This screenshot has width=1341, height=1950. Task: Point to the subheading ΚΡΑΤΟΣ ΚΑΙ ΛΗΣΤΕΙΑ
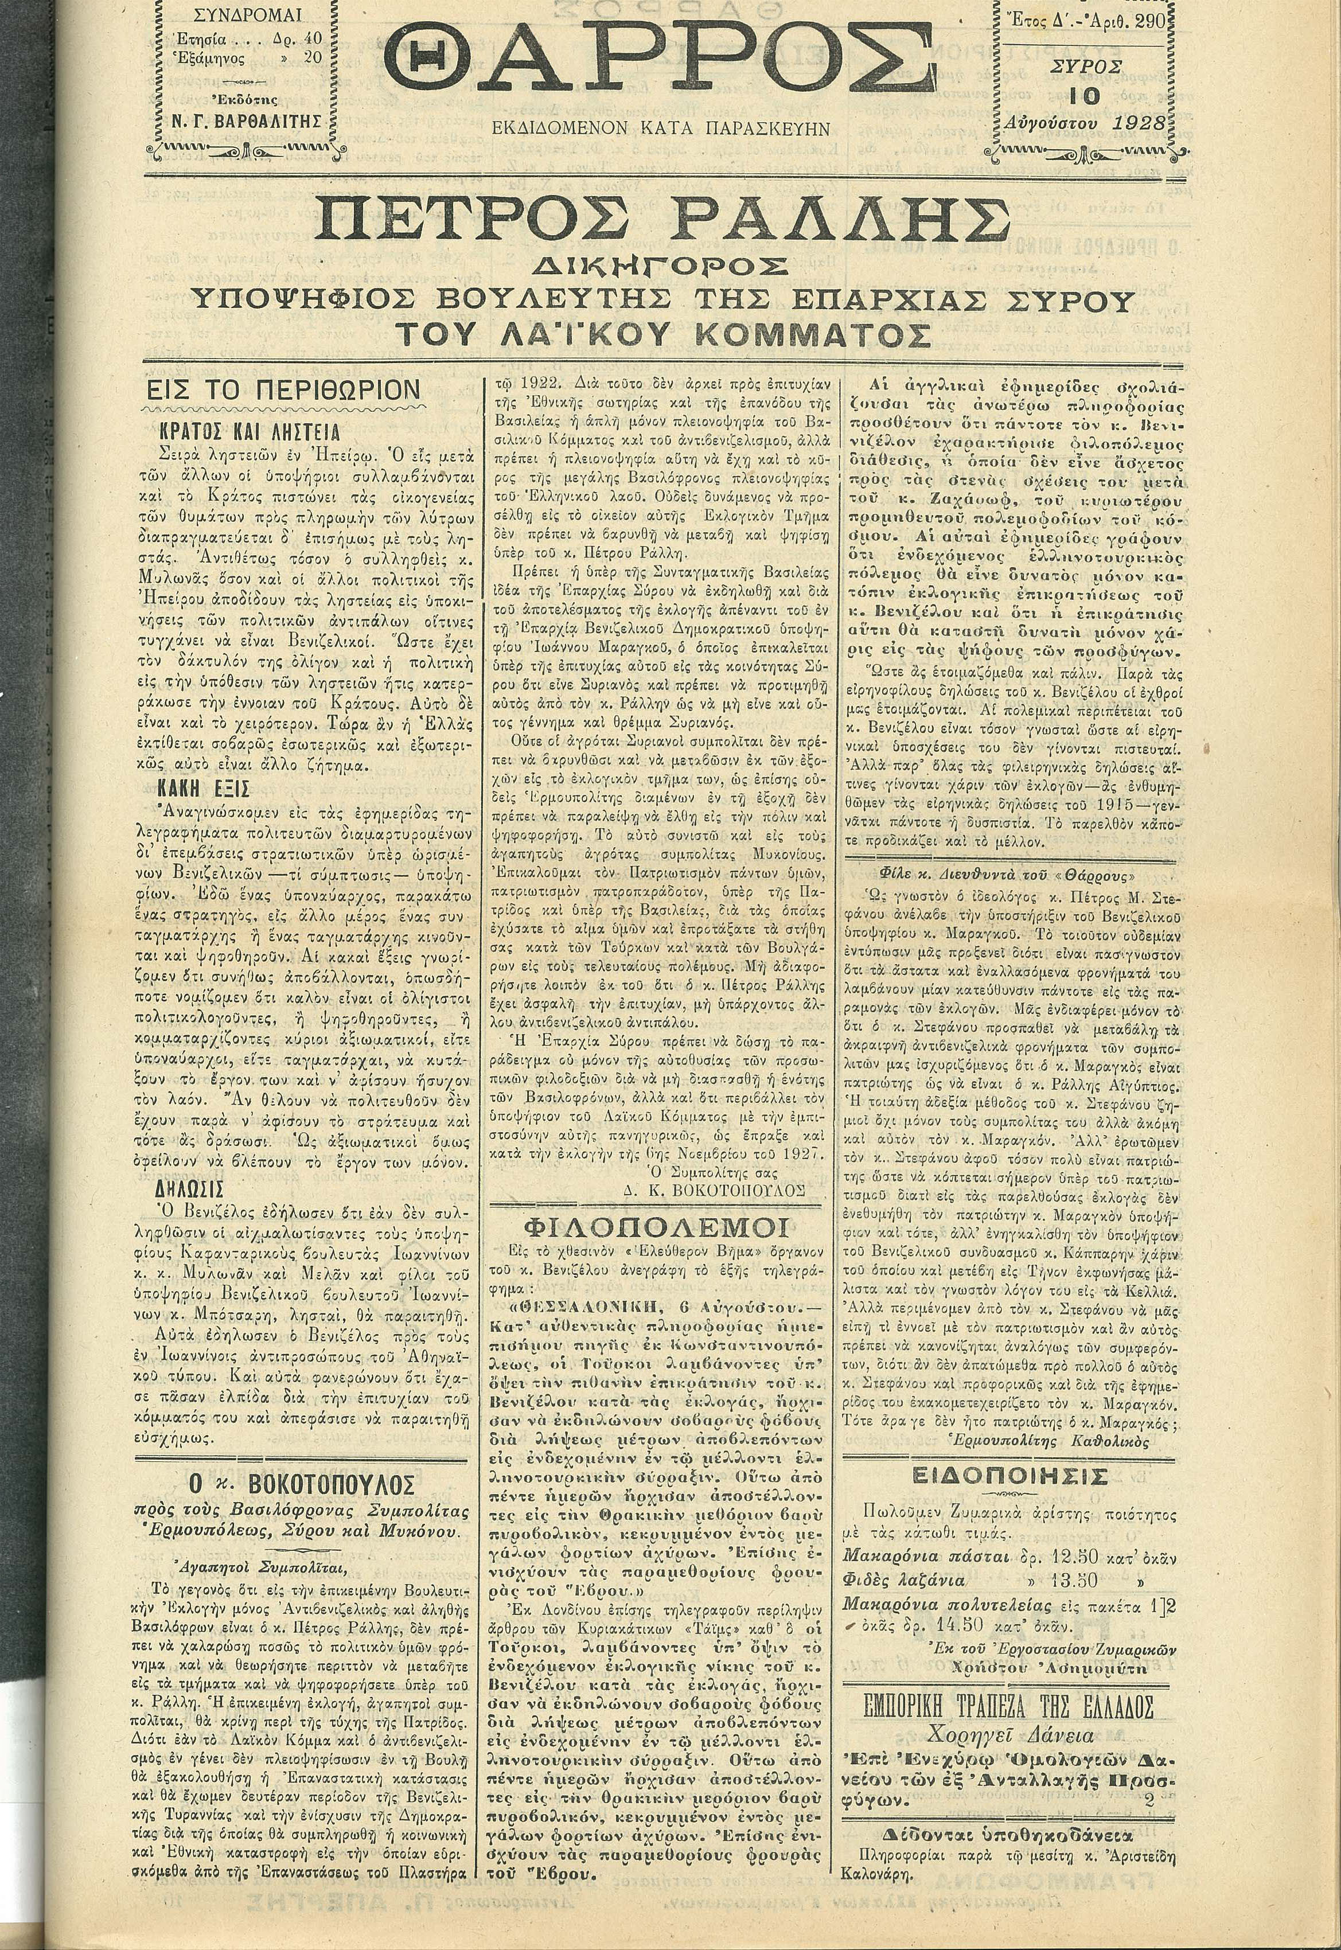tap(250, 432)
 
